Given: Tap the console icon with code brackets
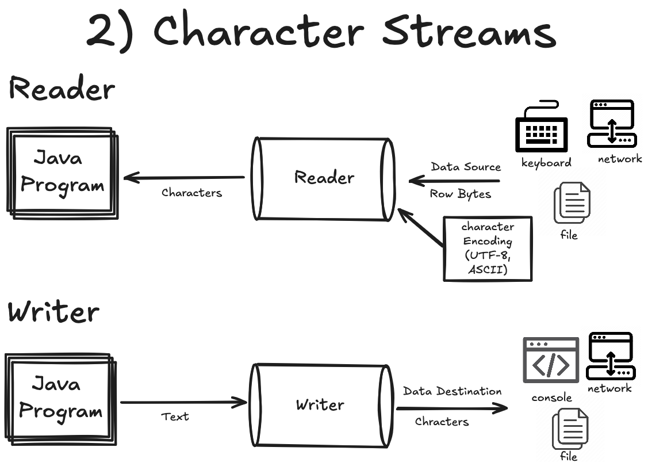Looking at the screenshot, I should (550, 361).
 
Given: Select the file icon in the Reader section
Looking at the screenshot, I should (572, 204).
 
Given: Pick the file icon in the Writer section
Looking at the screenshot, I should (570, 429).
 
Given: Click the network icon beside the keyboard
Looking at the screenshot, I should (611, 124).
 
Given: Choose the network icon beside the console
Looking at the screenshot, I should (611, 356).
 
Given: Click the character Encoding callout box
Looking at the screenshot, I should (488, 249).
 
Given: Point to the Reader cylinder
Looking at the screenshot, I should (324, 178).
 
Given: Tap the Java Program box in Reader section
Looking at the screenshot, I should (62, 173).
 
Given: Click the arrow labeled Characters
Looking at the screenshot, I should (184, 178).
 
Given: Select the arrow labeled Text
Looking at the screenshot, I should (184, 403).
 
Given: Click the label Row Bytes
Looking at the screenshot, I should (461, 194).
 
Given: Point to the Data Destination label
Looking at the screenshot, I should (452, 392).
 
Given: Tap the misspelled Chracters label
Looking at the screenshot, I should (442, 422).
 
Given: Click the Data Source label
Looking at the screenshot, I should (466, 167).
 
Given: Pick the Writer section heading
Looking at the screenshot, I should (53, 312).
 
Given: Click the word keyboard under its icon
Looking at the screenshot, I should (546, 163).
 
